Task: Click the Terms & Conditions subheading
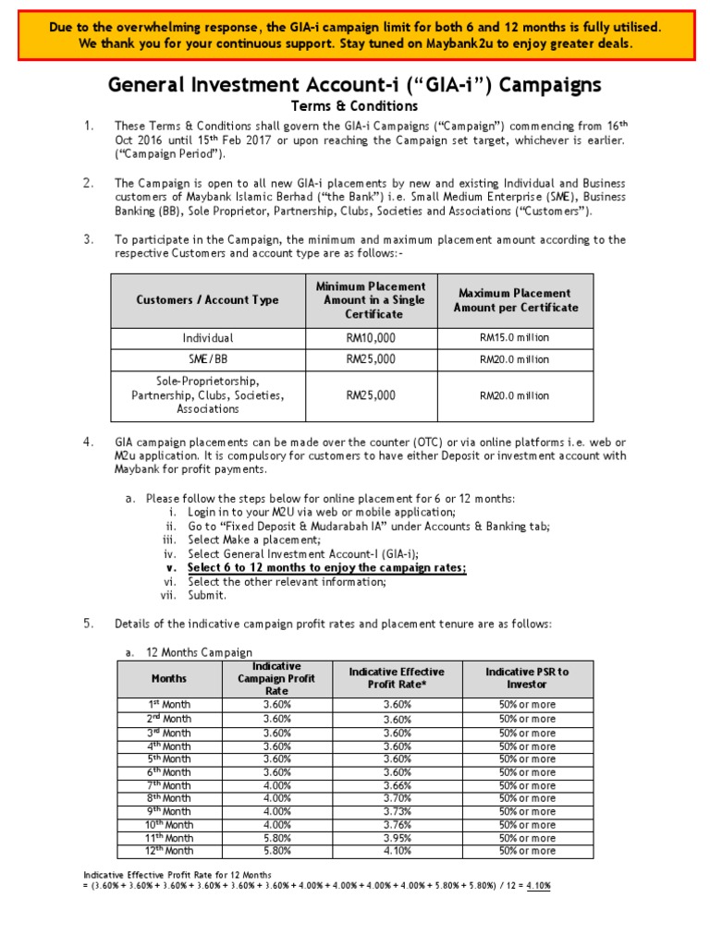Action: point(355,106)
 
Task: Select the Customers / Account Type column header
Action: point(207,300)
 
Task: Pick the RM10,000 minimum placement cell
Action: point(371,338)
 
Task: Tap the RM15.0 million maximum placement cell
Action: point(514,338)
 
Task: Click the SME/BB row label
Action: point(207,359)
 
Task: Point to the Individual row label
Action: point(207,338)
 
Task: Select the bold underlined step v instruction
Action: point(326,568)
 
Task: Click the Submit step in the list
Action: point(206,596)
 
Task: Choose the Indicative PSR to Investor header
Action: point(527,678)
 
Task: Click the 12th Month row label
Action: point(168,851)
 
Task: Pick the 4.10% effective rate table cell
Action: point(397,851)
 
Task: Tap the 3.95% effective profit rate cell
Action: point(397,838)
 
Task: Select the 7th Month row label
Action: point(168,785)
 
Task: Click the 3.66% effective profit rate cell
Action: point(397,785)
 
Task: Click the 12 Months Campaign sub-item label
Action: point(199,652)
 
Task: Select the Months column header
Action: point(168,678)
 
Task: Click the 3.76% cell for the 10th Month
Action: point(397,825)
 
